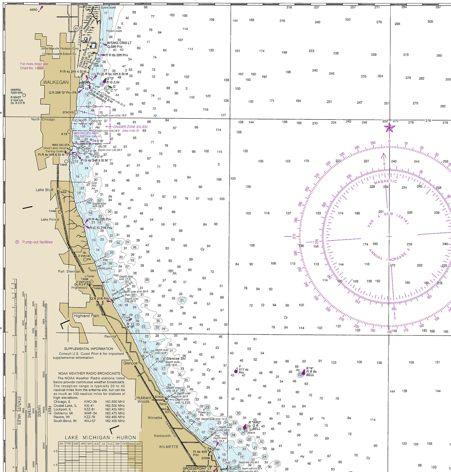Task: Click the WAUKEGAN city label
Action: (x=56, y=82)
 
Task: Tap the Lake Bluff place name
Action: (x=44, y=190)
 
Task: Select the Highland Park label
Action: (x=86, y=316)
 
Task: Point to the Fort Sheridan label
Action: (x=69, y=271)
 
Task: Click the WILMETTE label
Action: (x=168, y=447)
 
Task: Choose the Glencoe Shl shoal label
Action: (x=176, y=358)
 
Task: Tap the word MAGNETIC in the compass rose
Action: (x=385, y=182)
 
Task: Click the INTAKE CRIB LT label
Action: (x=119, y=43)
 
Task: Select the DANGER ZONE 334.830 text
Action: (x=130, y=127)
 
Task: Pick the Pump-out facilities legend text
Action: (x=37, y=242)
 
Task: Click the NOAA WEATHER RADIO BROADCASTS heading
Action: (x=89, y=373)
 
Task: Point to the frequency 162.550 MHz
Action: (x=115, y=402)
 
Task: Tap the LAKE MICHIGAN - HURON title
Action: (x=100, y=438)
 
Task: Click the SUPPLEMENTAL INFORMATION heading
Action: (x=89, y=349)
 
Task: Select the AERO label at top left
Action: (x=34, y=10)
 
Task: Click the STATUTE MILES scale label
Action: (x=19, y=410)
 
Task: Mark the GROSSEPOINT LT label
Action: (x=197, y=468)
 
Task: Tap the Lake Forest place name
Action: (x=50, y=220)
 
